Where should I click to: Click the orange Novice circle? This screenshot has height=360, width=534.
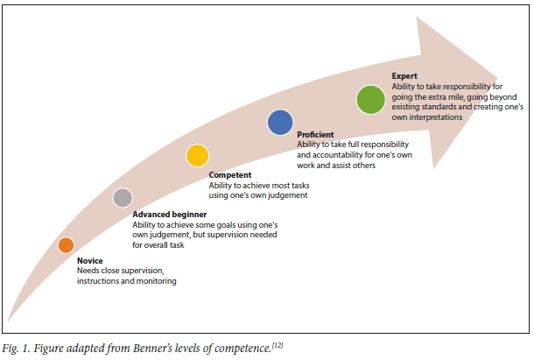point(66,245)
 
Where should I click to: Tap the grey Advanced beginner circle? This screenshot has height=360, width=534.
point(123,198)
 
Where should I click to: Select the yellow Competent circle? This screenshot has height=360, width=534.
point(197,156)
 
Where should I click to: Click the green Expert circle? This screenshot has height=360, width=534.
point(371,99)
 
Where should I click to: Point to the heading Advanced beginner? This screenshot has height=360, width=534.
point(170,214)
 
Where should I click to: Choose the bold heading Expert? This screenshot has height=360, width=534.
point(405,76)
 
